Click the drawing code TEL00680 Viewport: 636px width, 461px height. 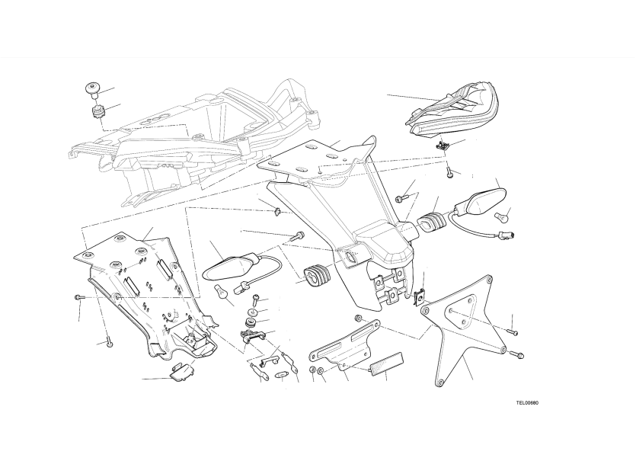tap(527, 403)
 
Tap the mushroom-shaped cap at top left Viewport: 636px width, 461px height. tap(92, 91)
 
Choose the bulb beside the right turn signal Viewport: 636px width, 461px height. tap(502, 217)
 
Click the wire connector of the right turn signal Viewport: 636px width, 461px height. tap(506, 234)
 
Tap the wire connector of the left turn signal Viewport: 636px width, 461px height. tap(241, 287)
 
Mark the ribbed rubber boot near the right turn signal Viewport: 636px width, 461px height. tap(431, 222)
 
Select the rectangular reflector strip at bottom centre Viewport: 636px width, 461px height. tap(386, 362)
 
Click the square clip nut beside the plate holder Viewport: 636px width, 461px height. tap(420, 297)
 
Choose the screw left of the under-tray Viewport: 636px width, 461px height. tap(78, 298)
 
